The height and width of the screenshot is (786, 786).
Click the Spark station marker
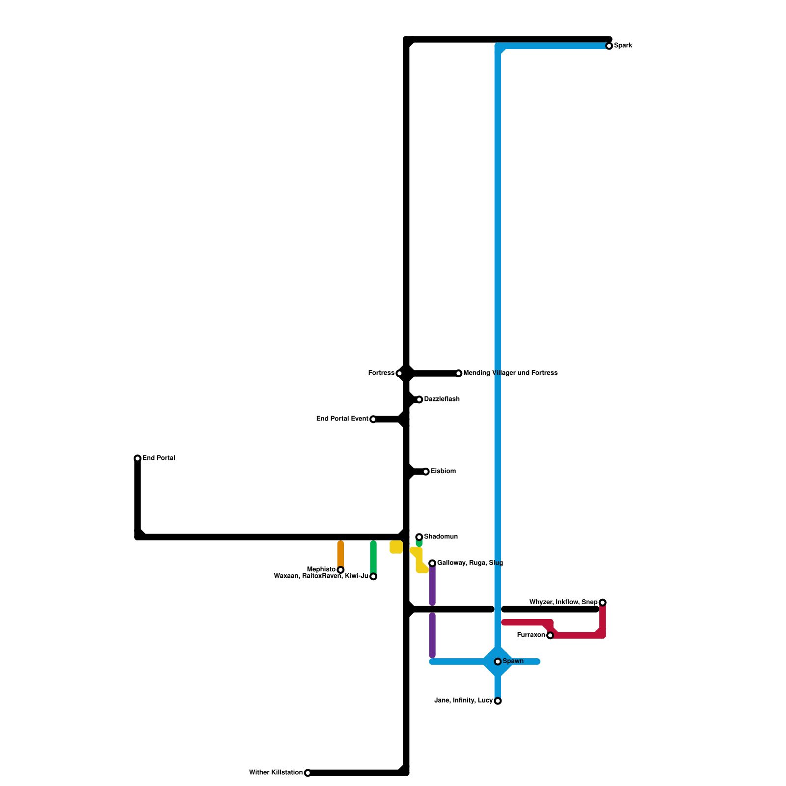(609, 46)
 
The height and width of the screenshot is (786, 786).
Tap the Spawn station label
(513, 661)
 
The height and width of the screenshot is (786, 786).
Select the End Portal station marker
(138, 458)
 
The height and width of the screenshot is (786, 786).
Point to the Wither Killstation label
(276, 772)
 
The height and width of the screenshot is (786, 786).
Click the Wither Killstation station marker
(308, 773)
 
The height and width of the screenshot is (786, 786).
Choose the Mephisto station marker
(340, 570)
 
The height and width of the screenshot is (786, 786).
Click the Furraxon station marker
(550, 636)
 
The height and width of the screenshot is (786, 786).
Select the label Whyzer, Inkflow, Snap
(563, 602)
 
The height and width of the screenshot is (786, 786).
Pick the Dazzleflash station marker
(419, 399)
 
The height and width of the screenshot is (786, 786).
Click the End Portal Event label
(342, 419)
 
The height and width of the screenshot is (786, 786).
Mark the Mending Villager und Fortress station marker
(458, 373)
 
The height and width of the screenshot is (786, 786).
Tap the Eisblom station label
(443, 472)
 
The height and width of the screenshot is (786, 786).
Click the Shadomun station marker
(419, 537)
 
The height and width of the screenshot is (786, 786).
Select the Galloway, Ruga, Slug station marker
(432, 563)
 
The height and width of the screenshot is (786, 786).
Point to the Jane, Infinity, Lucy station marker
(498, 701)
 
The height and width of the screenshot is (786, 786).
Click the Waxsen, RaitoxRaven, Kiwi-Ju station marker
(373, 576)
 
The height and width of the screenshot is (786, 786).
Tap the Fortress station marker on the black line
(399, 373)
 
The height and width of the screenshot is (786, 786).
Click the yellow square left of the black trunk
(396, 547)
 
